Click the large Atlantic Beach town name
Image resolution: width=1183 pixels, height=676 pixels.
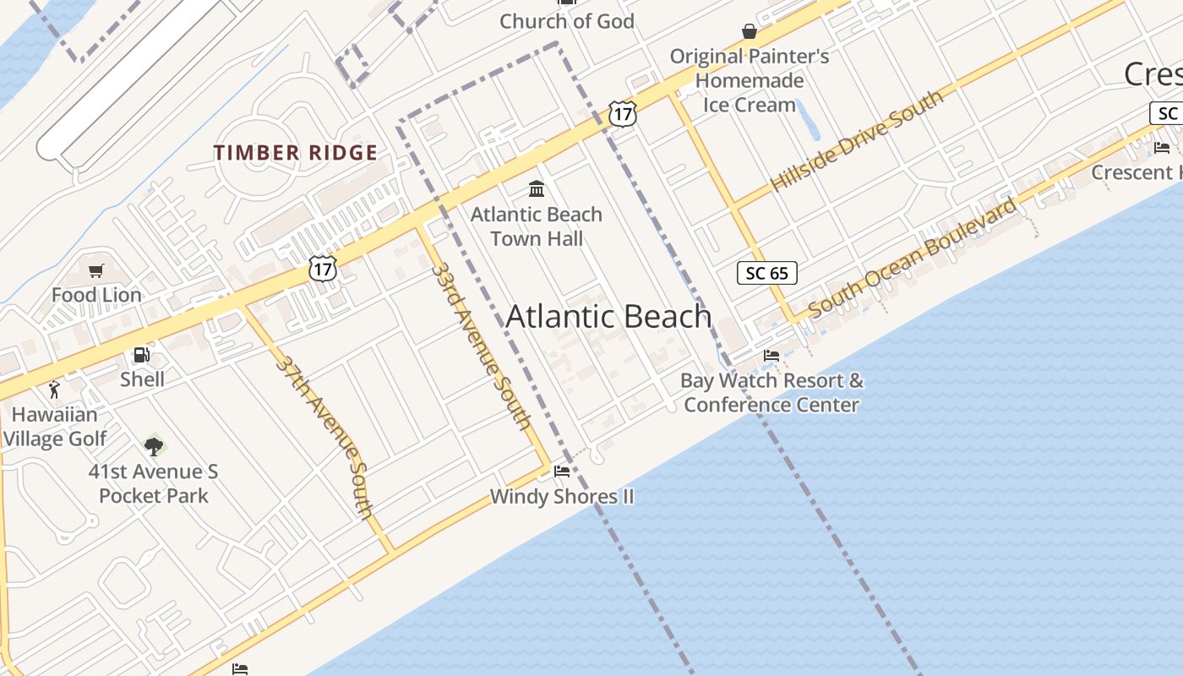608,317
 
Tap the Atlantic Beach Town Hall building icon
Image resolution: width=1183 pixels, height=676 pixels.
537,188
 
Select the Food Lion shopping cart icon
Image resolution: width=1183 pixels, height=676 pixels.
96,270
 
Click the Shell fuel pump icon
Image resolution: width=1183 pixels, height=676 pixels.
142,355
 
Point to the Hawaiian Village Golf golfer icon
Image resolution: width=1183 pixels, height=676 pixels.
55,390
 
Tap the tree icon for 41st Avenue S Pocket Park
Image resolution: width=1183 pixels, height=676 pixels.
153,446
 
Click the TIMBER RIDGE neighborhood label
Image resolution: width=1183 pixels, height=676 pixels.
295,153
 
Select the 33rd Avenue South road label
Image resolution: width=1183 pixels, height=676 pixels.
482,346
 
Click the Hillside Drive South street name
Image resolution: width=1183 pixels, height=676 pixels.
857,140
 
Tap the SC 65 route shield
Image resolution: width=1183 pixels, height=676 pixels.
766,273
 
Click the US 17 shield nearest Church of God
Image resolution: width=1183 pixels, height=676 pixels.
622,114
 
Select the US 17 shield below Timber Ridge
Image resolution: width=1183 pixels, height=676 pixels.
323,268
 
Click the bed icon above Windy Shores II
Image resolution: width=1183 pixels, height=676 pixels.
562,471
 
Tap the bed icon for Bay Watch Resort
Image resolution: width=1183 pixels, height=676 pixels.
771,356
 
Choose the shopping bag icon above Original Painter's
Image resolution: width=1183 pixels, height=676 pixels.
749,31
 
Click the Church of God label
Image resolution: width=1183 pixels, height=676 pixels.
566,21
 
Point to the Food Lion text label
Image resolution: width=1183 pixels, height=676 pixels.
96,295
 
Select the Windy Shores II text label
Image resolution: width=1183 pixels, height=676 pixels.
562,497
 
